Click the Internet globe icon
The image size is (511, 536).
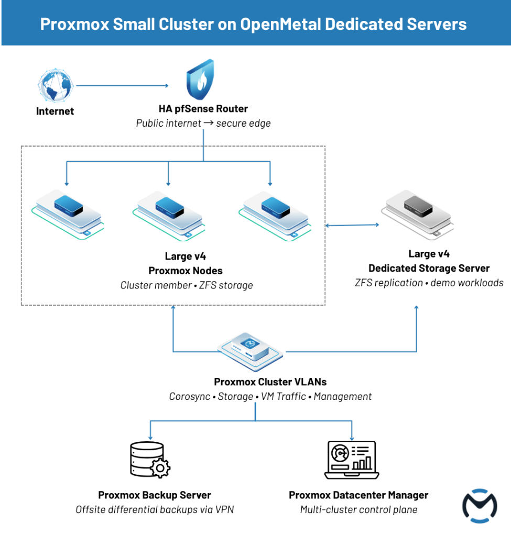[55, 86]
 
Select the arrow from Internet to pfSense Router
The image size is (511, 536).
[121, 85]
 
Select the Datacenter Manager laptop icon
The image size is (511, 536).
[351, 460]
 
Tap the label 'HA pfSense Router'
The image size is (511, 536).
[203, 109]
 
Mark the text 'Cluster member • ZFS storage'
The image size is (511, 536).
[187, 285]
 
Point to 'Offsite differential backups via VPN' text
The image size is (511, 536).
[155, 509]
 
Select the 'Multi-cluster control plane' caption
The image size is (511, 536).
[358, 509]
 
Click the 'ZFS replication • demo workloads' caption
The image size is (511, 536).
[429, 283]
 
